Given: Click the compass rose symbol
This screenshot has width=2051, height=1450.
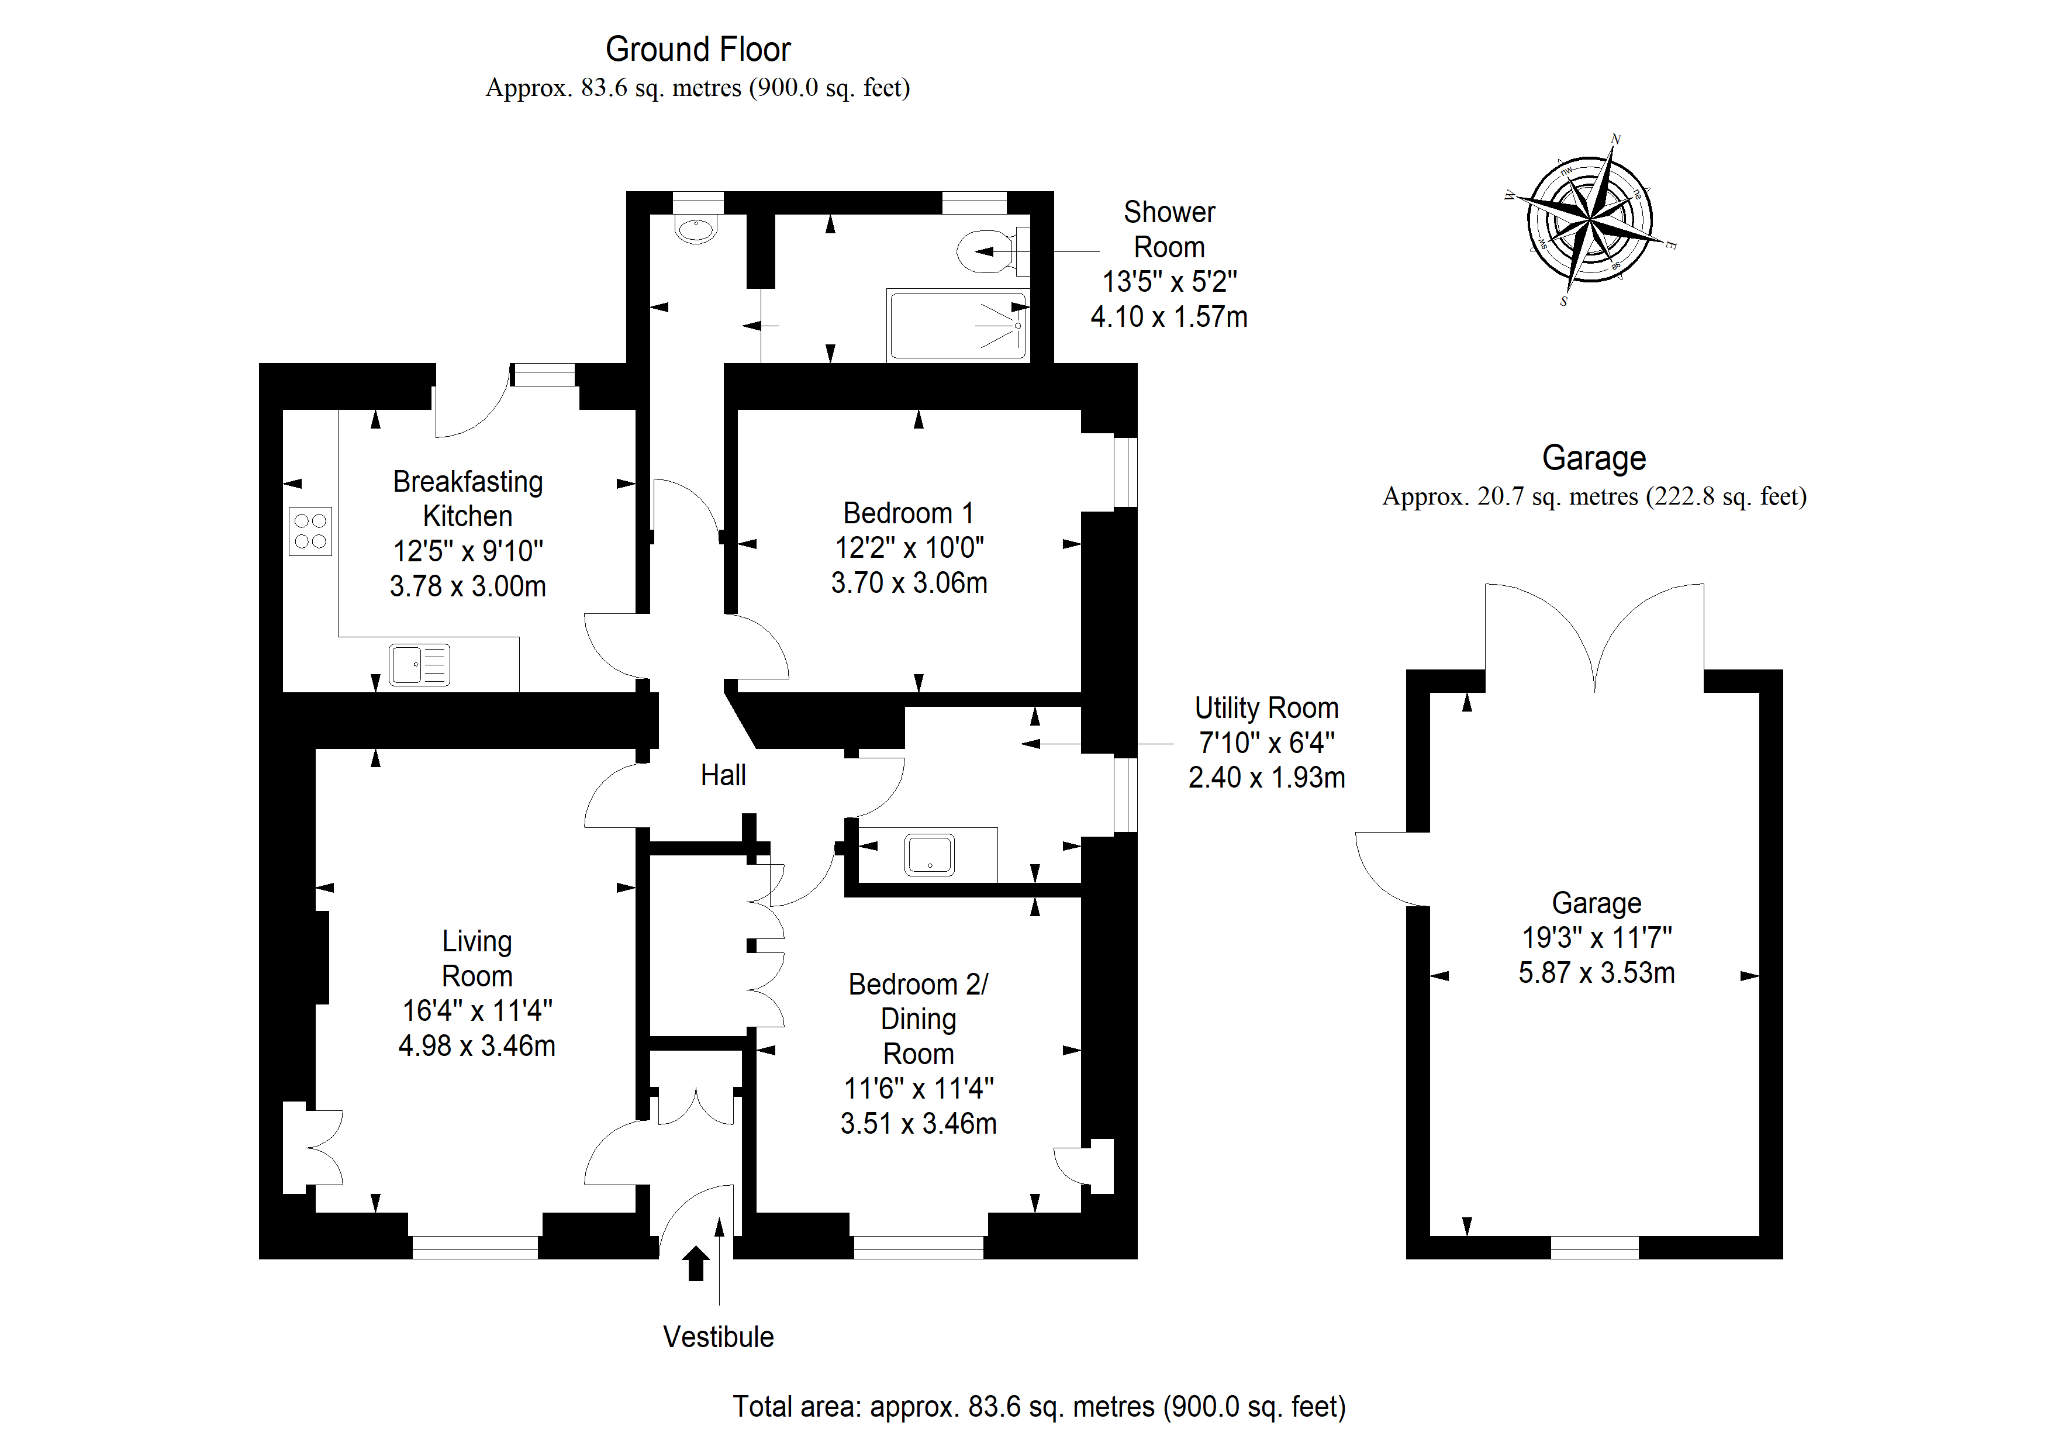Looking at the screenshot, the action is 1591,219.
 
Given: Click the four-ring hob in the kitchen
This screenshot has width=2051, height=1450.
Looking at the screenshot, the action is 310,531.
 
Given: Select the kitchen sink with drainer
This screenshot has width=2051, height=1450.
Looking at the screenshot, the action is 419,665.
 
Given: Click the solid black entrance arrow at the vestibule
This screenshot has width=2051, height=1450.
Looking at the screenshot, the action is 696,1263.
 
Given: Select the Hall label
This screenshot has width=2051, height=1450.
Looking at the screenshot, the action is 723,775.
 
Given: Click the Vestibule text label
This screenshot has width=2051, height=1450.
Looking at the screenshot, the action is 718,1337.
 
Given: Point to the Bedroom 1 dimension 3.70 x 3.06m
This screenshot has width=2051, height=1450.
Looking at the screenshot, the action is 909,582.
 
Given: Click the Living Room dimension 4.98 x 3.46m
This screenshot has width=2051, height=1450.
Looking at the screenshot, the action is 477,1045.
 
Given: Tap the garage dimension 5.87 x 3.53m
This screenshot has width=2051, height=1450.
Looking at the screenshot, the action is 1596,972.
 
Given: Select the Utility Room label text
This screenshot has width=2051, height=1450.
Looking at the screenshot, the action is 1267,707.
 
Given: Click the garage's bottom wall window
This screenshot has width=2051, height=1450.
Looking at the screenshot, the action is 1594,1247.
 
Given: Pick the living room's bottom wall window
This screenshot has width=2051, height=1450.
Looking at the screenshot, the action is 475,1247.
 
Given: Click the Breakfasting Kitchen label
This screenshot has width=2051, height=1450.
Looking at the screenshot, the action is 468,499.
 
